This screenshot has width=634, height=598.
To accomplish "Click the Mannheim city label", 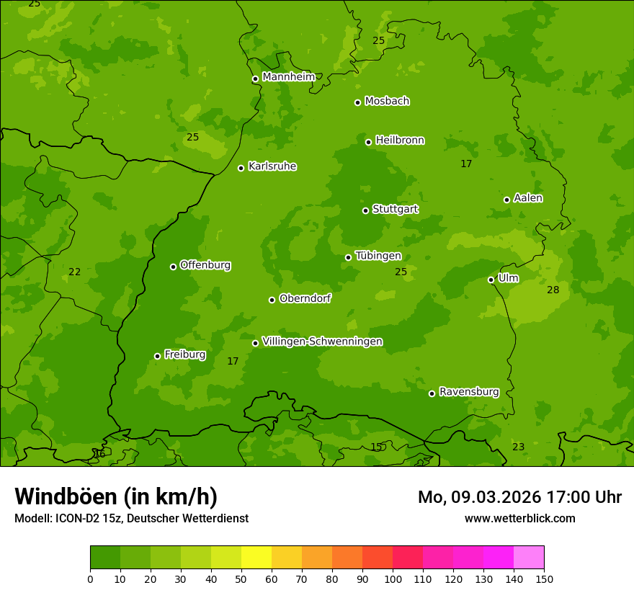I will (x=288, y=77).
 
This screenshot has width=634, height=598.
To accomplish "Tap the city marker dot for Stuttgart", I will (x=365, y=210).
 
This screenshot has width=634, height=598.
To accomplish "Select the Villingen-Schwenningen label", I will (x=322, y=342).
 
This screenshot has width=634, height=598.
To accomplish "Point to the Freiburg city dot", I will (x=157, y=356).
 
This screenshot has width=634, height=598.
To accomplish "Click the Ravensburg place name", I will (x=469, y=392).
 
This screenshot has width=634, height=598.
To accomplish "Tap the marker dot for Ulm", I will (x=491, y=280).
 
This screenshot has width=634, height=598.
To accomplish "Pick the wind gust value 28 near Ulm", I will (x=553, y=290).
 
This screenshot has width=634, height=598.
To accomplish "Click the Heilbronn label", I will (x=400, y=140).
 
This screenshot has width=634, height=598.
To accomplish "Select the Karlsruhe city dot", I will (x=241, y=168).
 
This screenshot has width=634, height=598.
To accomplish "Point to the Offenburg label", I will (x=205, y=265).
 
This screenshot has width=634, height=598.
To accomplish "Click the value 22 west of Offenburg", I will (x=74, y=272).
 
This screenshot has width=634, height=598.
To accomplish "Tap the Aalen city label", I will (x=528, y=198).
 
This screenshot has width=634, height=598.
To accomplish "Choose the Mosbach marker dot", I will (x=357, y=102).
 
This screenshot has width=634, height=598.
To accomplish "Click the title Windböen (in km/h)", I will (x=116, y=496).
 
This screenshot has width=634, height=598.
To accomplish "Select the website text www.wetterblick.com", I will (x=519, y=518).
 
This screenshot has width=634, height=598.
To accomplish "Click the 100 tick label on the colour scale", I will (x=393, y=579).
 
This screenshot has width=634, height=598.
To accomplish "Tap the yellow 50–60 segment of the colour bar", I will (x=256, y=558).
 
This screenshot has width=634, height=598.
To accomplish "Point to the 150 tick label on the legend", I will (x=544, y=579).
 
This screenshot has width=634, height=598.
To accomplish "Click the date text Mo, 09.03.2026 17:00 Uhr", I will (x=519, y=497).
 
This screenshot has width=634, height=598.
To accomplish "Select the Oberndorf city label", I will (x=305, y=298).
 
